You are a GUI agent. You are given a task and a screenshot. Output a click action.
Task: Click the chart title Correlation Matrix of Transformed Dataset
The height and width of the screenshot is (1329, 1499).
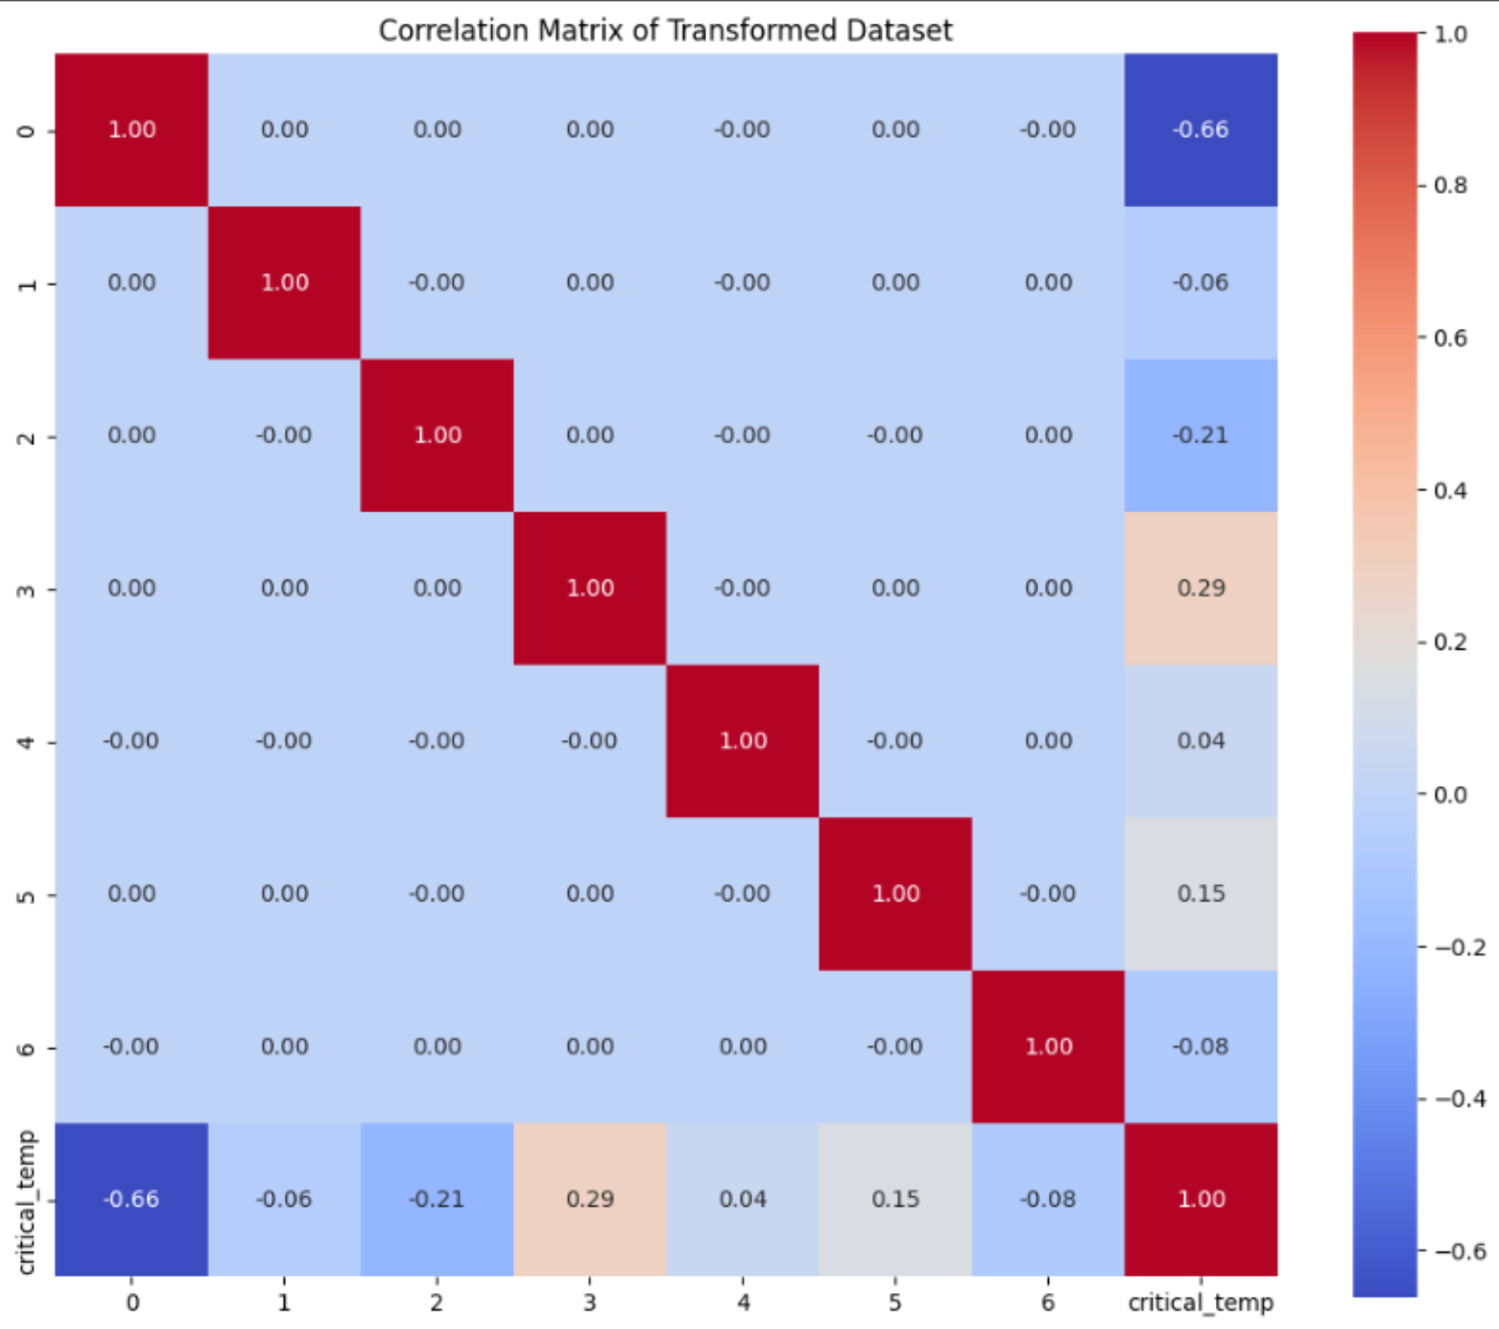[x=665, y=31]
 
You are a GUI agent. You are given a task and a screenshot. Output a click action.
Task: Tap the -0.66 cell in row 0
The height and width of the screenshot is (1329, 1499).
[x=1201, y=129]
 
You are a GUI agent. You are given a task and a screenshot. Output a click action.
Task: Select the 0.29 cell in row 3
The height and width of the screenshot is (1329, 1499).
[x=1201, y=588]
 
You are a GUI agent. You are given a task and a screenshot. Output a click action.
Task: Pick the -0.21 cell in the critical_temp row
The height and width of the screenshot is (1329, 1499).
[x=437, y=1199]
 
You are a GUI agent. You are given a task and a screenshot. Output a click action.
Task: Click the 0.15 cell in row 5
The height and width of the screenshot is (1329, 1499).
[x=1201, y=894]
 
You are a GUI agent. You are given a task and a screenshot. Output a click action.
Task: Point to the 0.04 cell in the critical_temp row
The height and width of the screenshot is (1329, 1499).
[x=743, y=1199]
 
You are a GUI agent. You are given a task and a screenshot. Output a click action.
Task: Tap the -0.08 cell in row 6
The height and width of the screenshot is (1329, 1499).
[x=1201, y=1047]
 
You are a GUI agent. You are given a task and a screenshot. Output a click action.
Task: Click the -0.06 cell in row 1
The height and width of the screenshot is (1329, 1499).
[x=1201, y=282]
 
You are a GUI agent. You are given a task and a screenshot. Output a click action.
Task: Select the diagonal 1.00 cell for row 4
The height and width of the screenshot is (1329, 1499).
[x=743, y=741]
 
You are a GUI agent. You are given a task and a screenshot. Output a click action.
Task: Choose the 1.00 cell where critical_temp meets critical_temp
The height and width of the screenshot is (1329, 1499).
[x=1201, y=1199]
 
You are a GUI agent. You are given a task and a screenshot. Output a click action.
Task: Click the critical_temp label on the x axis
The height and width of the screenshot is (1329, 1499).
[x=1201, y=1303]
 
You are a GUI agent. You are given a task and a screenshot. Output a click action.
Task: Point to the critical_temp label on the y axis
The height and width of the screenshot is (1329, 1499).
[x=26, y=1201]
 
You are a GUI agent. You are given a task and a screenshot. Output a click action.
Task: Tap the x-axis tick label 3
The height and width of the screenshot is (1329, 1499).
[x=590, y=1303]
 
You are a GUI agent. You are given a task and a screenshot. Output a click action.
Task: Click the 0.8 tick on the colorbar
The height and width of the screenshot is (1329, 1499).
[x=1450, y=185]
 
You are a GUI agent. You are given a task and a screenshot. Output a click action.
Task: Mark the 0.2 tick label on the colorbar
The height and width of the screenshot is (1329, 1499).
[x=1450, y=643]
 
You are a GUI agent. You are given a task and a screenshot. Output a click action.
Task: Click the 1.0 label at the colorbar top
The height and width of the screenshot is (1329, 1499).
[x=1450, y=34]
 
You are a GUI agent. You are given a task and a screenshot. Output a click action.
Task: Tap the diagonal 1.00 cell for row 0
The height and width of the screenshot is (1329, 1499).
[x=131, y=129]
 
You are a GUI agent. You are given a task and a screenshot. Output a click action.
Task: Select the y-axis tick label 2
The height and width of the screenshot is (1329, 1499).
[x=26, y=436]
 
